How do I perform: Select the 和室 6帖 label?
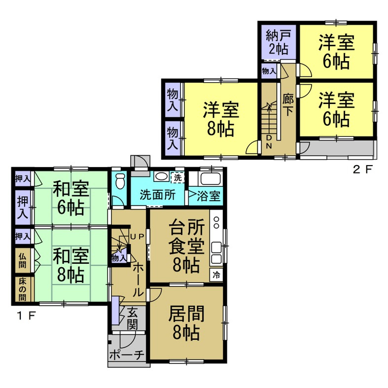click(x=71, y=198)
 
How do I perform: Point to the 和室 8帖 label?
click(x=71, y=266)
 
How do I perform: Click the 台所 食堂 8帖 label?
click(x=185, y=247)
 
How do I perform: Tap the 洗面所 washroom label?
click(x=157, y=194)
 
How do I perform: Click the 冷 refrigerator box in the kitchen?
click(x=216, y=275)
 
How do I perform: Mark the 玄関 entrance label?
click(x=132, y=318)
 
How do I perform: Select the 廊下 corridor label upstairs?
click(x=288, y=105)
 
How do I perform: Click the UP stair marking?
click(x=137, y=237)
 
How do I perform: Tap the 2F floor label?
click(x=362, y=171)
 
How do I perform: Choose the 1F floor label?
click(x=24, y=316)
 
